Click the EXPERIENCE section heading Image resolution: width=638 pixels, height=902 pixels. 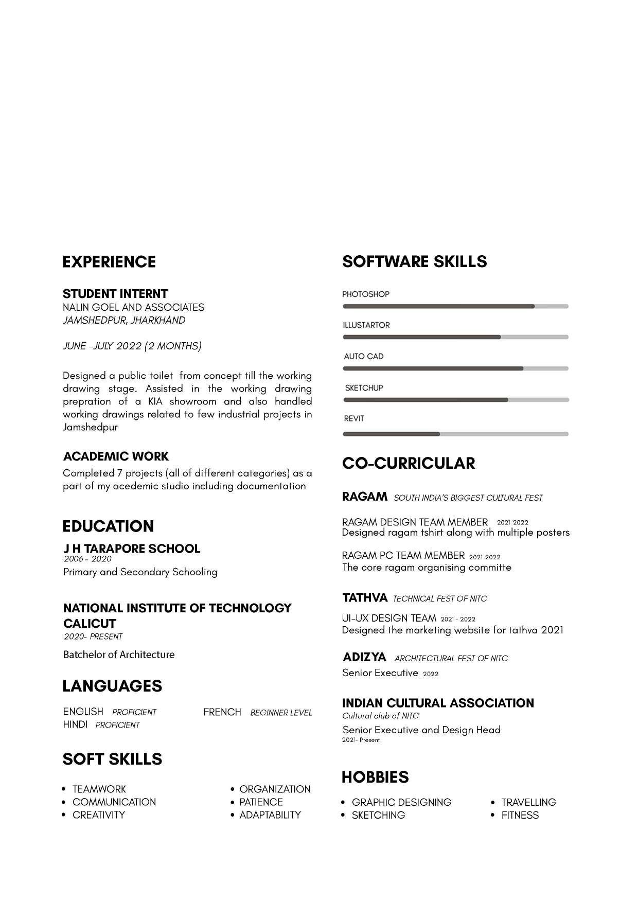[109, 262]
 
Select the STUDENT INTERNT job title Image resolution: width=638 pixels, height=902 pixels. [115, 294]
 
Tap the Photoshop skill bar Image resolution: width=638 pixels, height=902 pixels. [455, 306]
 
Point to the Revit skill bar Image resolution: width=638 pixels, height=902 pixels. [455, 434]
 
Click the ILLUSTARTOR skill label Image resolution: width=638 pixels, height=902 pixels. [366, 325]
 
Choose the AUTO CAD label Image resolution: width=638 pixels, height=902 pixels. [364, 356]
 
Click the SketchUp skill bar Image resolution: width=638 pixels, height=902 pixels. [455, 400]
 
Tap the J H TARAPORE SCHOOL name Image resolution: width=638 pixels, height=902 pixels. [132, 549]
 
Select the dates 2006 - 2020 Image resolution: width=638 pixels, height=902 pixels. [87, 559]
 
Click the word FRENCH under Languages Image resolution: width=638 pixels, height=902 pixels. [222, 712]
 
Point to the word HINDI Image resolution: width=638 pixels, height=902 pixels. [75, 724]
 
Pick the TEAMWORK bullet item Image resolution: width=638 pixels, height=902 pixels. [99, 789]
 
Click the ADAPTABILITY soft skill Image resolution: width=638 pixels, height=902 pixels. [270, 815]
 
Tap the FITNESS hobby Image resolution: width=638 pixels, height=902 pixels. [520, 815]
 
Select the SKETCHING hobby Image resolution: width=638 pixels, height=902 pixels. [378, 815]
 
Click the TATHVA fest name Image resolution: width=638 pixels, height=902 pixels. [365, 597]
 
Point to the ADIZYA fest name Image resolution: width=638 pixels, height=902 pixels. [364, 657]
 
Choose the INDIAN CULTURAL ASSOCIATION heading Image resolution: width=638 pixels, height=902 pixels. [438, 703]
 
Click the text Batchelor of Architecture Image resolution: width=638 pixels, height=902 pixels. [119, 655]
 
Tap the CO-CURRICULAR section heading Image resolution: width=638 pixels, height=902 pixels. [409, 463]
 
